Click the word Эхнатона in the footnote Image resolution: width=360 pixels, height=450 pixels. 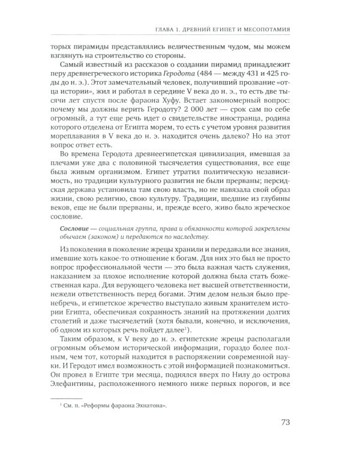point(149,406)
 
